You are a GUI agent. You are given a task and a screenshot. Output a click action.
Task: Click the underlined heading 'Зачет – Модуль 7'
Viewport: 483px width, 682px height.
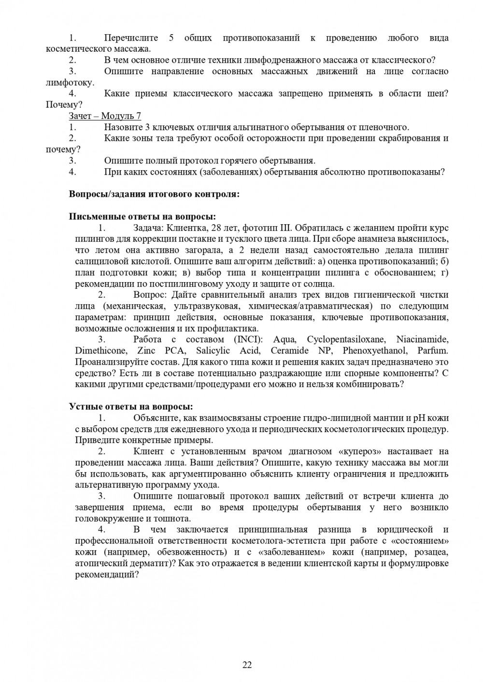tap(105, 116)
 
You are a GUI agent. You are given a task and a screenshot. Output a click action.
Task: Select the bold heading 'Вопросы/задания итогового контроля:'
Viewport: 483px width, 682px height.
tap(154, 194)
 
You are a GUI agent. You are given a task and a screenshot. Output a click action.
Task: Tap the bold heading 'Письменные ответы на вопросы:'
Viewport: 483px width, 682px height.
tap(142, 217)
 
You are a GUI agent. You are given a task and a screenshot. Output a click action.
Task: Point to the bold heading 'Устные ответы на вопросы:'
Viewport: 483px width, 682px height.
tap(131, 407)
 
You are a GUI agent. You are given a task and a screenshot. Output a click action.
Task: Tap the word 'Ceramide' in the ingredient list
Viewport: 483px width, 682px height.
tap(288, 351)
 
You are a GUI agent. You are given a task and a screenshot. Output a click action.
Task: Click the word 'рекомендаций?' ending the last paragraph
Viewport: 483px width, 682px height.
tap(107, 574)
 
